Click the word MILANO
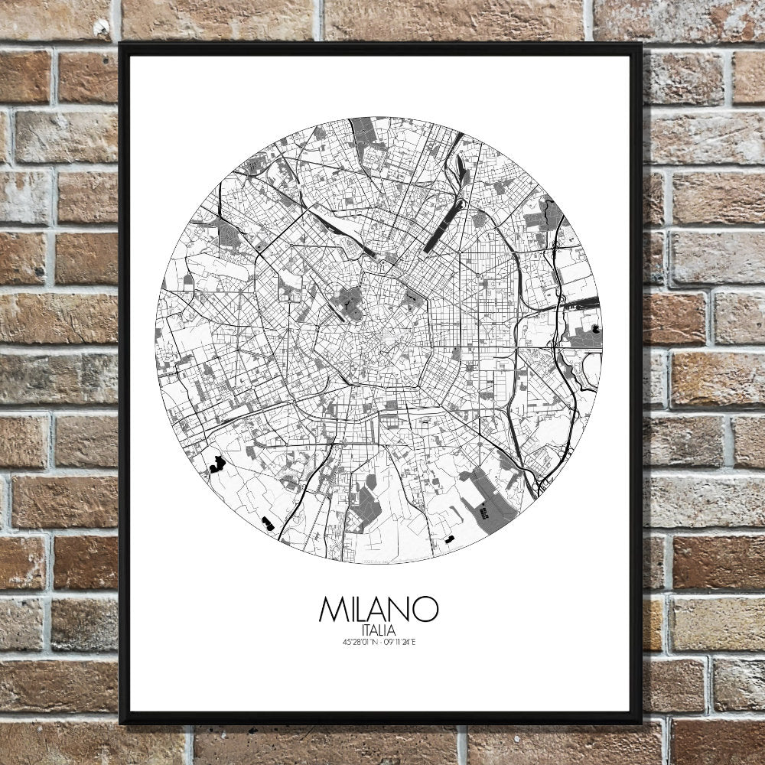click(379, 609)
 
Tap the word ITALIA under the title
click(379, 630)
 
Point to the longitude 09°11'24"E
click(399, 642)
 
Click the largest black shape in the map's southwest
click(217, 463)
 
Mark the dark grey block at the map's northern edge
click(366, 132)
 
